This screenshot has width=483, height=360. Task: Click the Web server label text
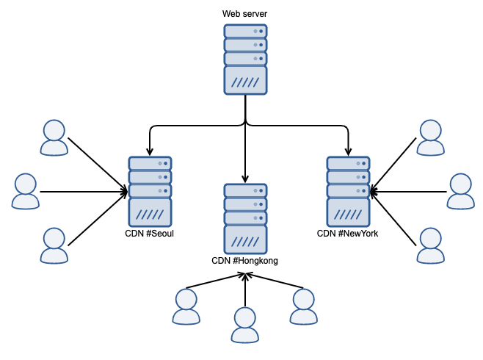[x=244, y=14]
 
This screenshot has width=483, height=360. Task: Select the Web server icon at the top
[x=244, y=60]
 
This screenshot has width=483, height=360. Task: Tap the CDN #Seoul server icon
[x=150, y=191]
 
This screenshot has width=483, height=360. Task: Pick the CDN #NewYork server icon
[x=348, y=191]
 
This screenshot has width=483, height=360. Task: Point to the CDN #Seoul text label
[x=150, y=234]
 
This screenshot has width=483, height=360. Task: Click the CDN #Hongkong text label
[x=244, y=261]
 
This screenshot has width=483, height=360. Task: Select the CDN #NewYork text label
[x=347, y=234]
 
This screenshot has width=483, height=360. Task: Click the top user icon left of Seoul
[x=54, y=137]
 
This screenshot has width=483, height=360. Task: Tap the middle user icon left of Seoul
[x=26, y=191]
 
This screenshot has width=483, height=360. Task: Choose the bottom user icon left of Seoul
[x=54, y=245]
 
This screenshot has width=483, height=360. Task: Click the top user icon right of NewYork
[x=431, y=137]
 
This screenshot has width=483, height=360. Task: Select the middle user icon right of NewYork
[x=461, y=191]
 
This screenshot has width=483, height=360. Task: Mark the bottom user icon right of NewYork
[x=431, y=245]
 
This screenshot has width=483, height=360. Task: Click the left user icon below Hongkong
[x=186, y=306]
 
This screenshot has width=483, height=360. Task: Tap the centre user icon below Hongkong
[x=244, y=325]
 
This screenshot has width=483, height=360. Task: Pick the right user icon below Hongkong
[x=303, y=306]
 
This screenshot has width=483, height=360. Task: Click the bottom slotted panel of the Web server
[x=244, y=82]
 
